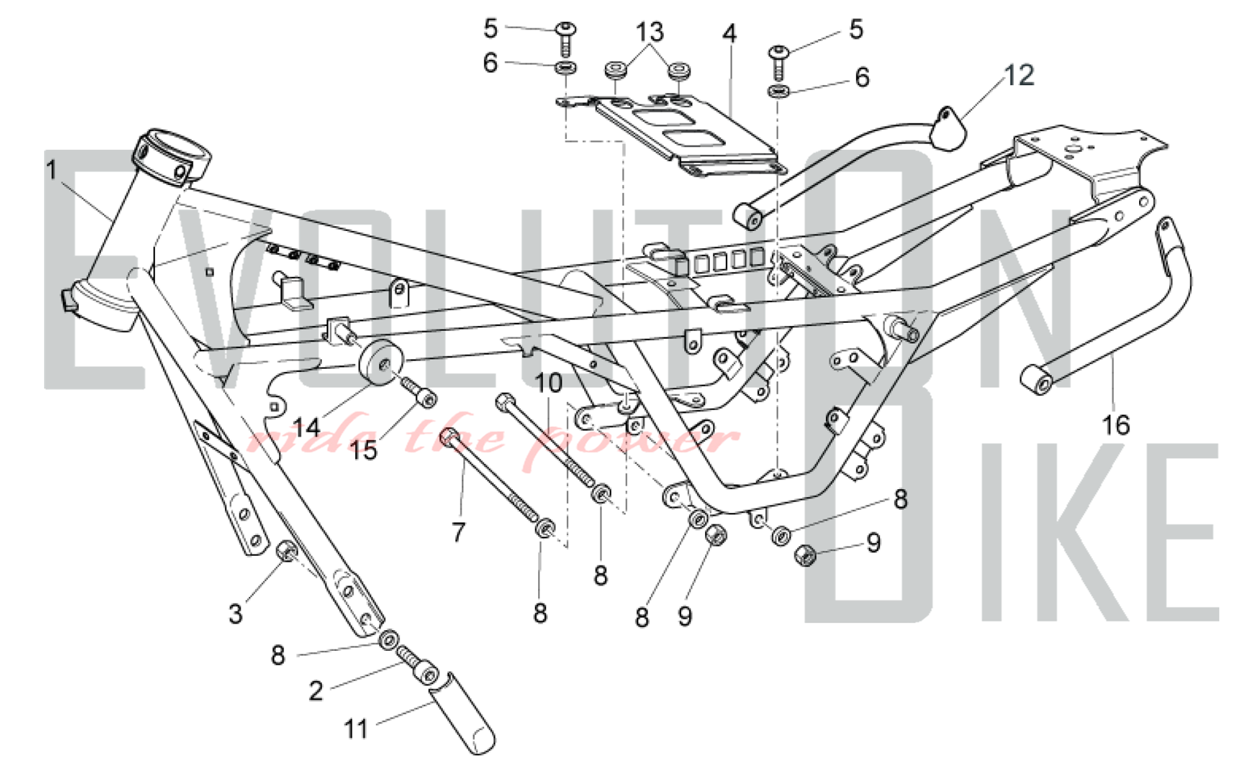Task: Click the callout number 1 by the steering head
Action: click(x=52, y=170)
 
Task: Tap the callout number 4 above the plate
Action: click(x=729, y=33)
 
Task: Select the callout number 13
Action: click(x=650, y=31)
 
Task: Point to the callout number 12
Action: click(x=1019, y=76)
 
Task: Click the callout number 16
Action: click(x=1115, y=425)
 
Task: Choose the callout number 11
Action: click(x=356, y=729)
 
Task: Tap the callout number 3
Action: click(x=235, y=613)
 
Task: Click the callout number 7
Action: click(x=458, y=532)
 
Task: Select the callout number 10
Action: click(x=548, y=383)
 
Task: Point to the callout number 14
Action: click(x=307, y=428)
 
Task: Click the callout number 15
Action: click(x=364, y=450)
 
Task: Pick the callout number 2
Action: click(x=316, y=691)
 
